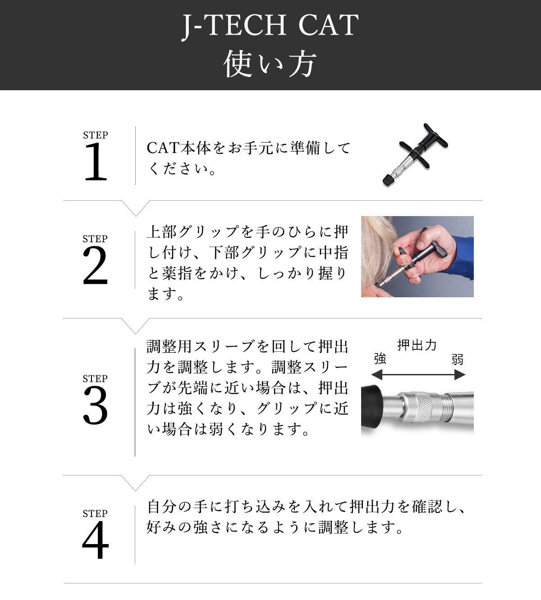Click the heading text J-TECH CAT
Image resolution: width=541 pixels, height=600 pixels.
[270, 26]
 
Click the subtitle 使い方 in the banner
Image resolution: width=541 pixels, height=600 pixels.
[270, 64]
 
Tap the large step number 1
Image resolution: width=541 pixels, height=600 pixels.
[96, 162]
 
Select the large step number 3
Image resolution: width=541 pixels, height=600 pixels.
[96, 406]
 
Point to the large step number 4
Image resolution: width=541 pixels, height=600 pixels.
[96, 540]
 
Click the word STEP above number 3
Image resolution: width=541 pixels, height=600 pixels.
[95, 379]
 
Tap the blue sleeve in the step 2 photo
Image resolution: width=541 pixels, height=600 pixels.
[464, 253]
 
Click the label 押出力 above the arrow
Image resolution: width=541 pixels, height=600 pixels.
[417, 345]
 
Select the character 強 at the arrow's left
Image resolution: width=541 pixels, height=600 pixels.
[380, 359]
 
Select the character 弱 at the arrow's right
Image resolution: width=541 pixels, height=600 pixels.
[458, 360]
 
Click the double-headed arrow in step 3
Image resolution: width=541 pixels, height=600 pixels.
[418, 374]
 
